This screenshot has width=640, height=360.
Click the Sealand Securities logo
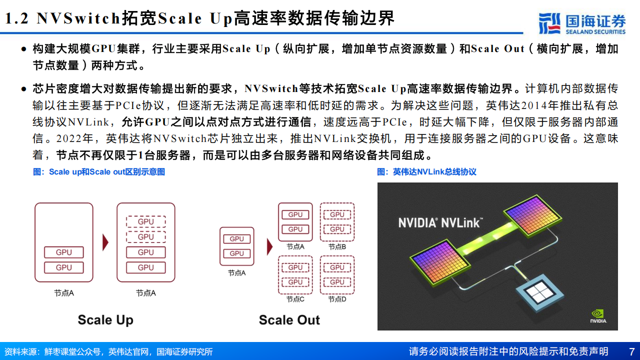click(581, 23)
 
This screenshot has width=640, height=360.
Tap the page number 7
click(631, 351)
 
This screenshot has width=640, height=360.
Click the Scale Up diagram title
click(105, 320)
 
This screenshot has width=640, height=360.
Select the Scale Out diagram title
click(289, 320)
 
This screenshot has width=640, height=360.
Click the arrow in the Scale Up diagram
click(105, 242)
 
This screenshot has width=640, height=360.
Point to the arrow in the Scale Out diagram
click(269, 246)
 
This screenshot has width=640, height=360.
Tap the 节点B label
click(337, 246)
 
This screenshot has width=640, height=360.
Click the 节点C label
click(295, 299)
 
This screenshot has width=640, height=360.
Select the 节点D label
click(337, 299)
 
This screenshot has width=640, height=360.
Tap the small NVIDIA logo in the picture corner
click(598, 316)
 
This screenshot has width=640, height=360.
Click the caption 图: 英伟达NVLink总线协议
click(426, 171)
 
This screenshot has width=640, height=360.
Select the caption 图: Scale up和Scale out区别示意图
click(99, 171)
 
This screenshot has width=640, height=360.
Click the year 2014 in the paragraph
click(533, 105)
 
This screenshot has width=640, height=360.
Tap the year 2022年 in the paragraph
click(74, 138)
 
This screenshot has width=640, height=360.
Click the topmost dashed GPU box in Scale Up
click(145, 221)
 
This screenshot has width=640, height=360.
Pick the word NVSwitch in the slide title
click(78, 18)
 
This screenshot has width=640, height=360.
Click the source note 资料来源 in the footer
click(108, 351)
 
